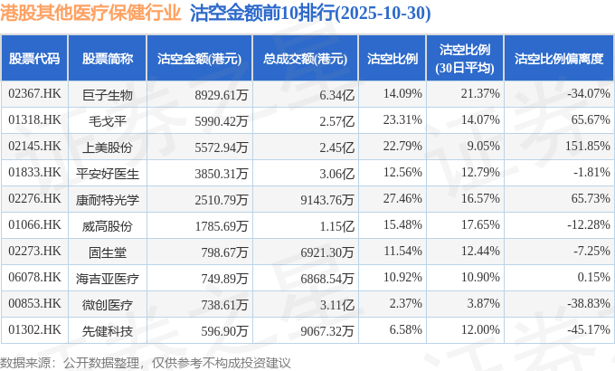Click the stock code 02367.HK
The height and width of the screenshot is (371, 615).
[x=34, y=93]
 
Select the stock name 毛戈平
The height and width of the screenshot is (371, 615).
[x=108, y=119]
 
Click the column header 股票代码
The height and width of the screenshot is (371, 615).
[x=34, y=59]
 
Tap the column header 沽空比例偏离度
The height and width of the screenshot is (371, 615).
[x=558, y=59]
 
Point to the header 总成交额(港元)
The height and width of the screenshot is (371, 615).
[x=306, y=59]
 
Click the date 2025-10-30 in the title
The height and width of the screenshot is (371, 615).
[x=386, y=14]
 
